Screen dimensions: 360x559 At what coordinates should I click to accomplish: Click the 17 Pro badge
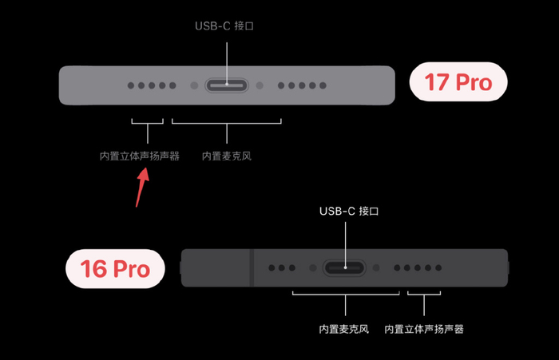[458, 82]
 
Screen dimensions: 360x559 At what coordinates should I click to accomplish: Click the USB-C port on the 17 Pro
[227, 85]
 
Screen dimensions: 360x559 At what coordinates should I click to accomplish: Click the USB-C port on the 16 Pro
[345, 268]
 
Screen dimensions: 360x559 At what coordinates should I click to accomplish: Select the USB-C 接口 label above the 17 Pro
[227, 26]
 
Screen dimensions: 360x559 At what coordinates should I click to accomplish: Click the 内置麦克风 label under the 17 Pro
[227, 156]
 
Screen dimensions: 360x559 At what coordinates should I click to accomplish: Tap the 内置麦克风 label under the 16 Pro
[345, 329]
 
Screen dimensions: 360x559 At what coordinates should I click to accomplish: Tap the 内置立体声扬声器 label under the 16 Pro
[424, 329]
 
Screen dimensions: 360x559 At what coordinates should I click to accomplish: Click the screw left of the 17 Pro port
[193, 85]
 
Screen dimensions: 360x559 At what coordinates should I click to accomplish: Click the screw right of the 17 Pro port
[260, 85]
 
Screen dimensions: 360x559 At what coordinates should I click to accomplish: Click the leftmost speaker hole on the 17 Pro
[131, 85]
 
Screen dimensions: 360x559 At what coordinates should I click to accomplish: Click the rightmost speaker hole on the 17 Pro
[322, 85]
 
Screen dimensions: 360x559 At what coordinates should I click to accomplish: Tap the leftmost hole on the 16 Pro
[272, 268]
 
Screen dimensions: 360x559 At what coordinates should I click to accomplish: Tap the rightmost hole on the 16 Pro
[438, 268]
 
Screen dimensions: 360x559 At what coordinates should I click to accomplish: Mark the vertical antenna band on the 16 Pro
[251, 268]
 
